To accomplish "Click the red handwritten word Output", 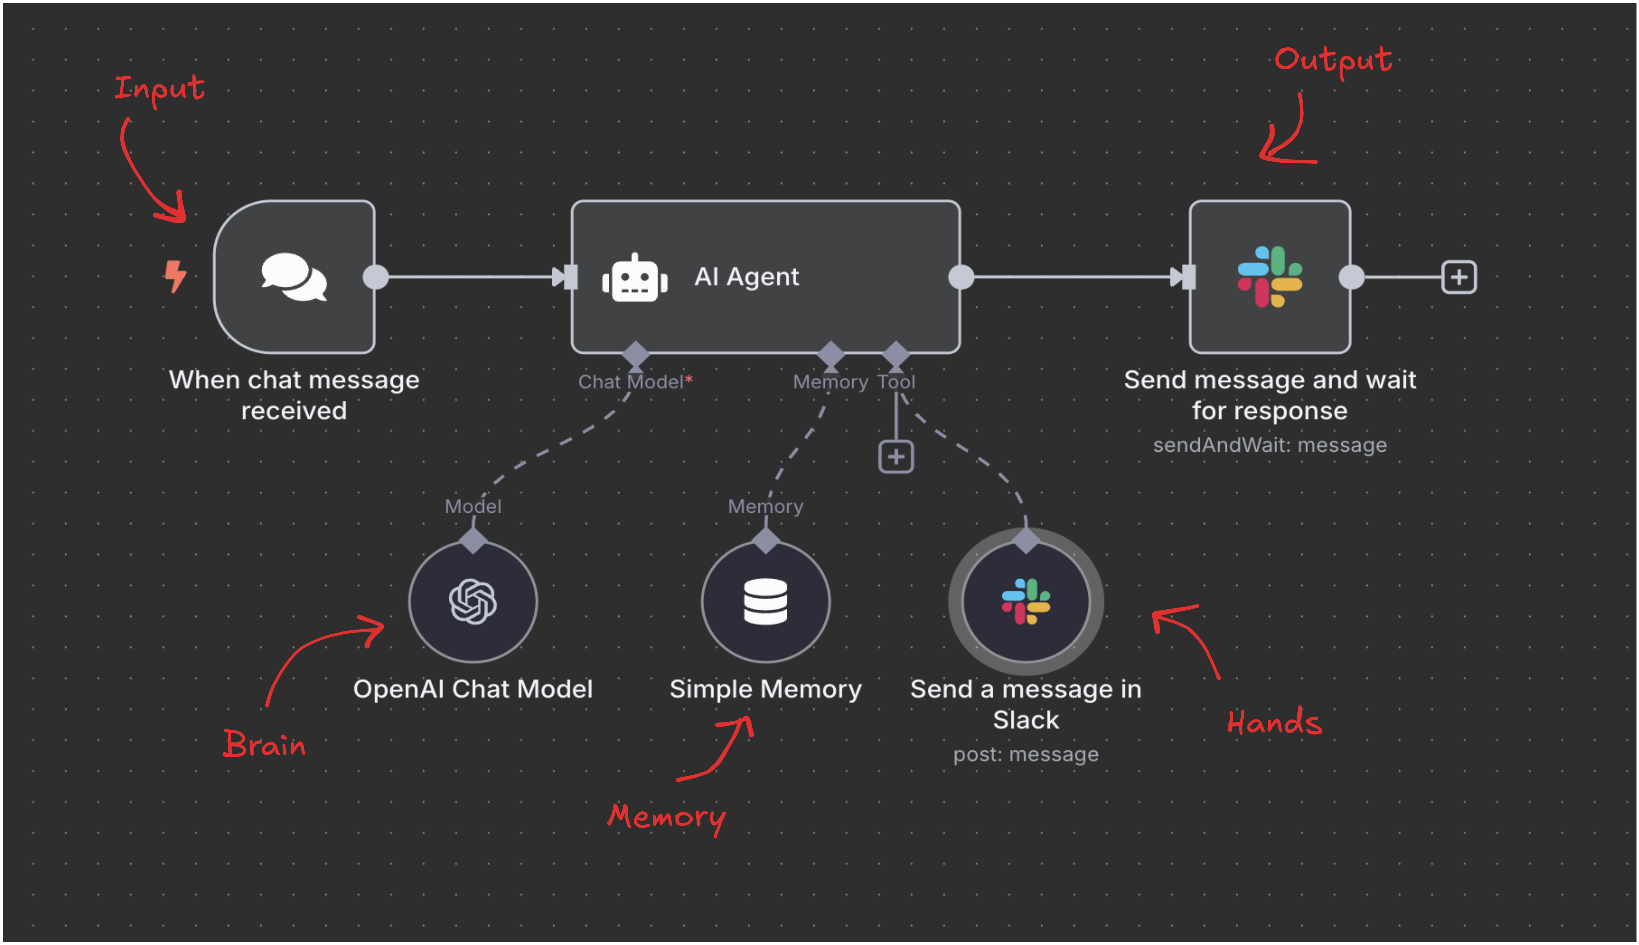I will [1333, 60].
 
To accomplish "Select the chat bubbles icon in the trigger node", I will [294, 277].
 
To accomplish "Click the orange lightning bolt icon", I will [175, 276].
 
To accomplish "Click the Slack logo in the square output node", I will [1270, 277].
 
